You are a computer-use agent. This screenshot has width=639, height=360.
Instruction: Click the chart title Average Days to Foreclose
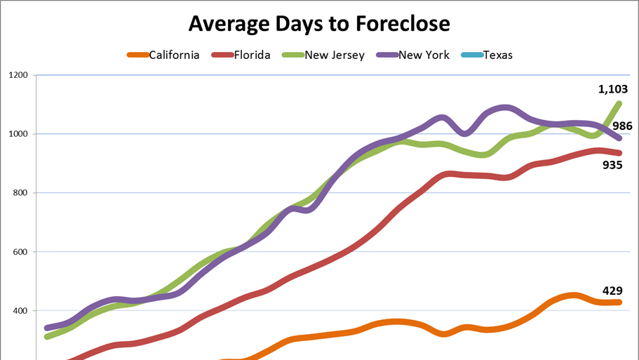[319, 24]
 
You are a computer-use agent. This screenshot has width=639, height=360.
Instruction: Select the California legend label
[174, 55]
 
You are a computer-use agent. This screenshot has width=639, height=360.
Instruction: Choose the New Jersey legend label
[335, 55]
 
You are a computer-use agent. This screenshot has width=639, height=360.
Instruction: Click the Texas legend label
[498, 55]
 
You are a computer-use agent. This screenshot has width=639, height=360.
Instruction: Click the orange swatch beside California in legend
[137, 55]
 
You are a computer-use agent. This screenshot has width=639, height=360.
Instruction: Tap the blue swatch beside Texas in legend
[471, 55]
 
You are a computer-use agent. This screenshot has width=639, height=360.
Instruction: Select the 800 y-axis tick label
[20, 193]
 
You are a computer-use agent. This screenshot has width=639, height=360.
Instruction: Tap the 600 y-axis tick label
[20, 252]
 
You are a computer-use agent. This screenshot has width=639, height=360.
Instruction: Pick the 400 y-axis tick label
[20, 311]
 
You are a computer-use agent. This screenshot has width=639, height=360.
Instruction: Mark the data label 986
[622, 126]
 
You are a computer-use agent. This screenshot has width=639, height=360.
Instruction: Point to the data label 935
[613, 166]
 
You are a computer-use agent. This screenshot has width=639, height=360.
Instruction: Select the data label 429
[612, 291]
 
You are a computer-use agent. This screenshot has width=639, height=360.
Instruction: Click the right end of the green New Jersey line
[619, 104]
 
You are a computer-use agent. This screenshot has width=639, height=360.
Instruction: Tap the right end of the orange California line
[619, 302]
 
